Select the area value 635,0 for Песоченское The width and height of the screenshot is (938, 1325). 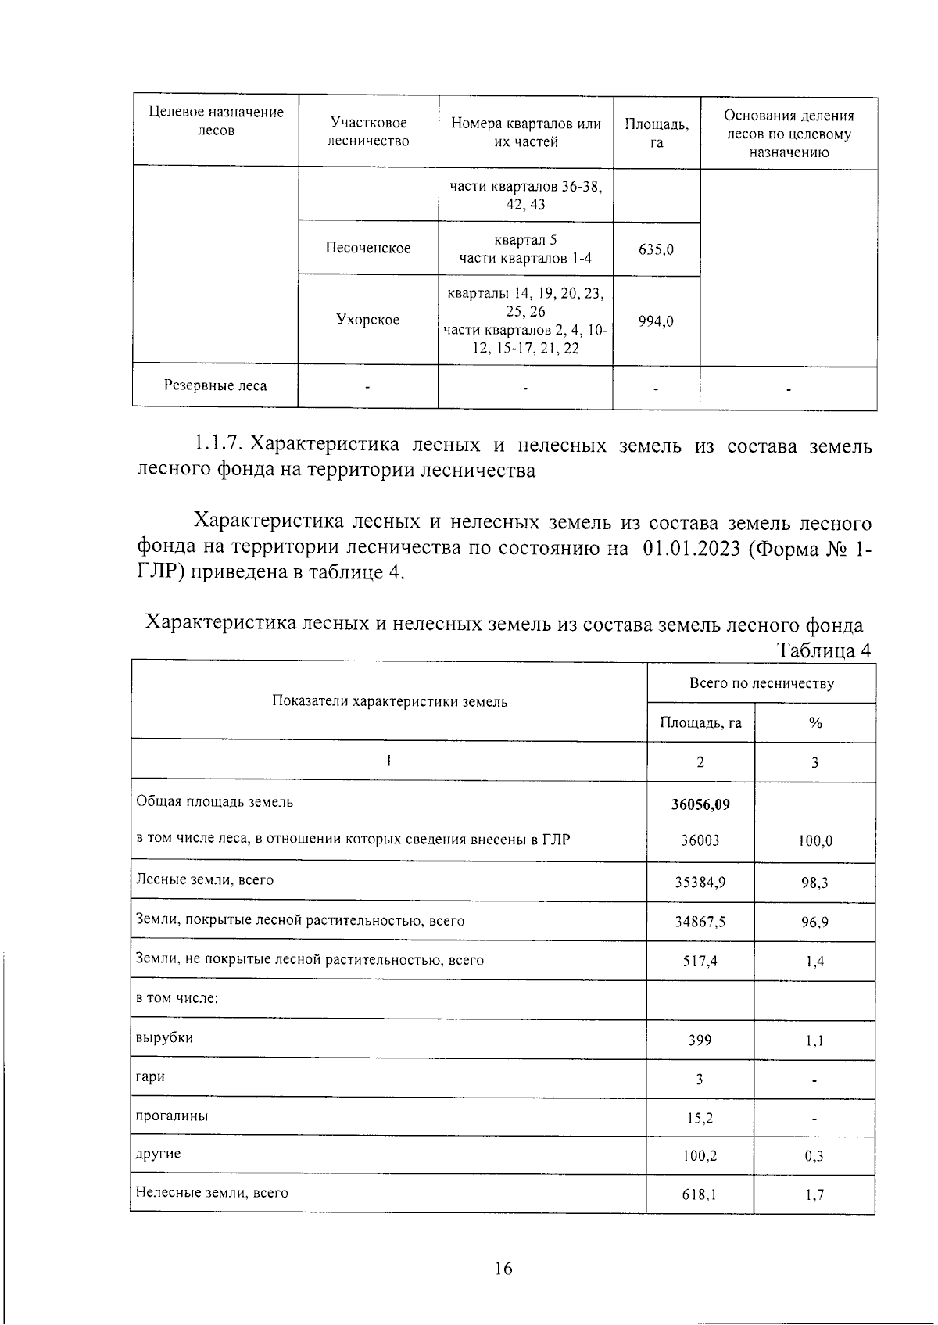coord(656,250)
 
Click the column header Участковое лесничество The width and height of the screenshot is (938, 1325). coord(368,132)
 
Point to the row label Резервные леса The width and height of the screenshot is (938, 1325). coord(215,385)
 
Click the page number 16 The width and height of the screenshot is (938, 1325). coord(503,1268)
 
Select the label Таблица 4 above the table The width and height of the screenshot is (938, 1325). coord(823,650)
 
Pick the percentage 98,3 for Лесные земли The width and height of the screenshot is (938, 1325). coord(814,883)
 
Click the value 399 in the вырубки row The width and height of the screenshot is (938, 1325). coord(700,1040)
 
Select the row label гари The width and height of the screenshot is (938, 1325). coord(151,1076)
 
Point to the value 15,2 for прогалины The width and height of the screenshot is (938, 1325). coord(700,1118)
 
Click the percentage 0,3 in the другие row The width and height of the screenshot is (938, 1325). coord(814,1156)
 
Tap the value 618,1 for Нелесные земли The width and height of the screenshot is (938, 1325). coord(700,1194)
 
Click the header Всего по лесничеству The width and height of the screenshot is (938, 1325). coord(761,683)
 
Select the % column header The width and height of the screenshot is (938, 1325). coord(815,723)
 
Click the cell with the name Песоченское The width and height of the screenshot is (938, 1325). coord(368,248)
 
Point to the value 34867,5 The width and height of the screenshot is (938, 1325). coord(700,922)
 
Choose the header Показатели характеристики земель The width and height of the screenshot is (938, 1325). coord(389,701)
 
